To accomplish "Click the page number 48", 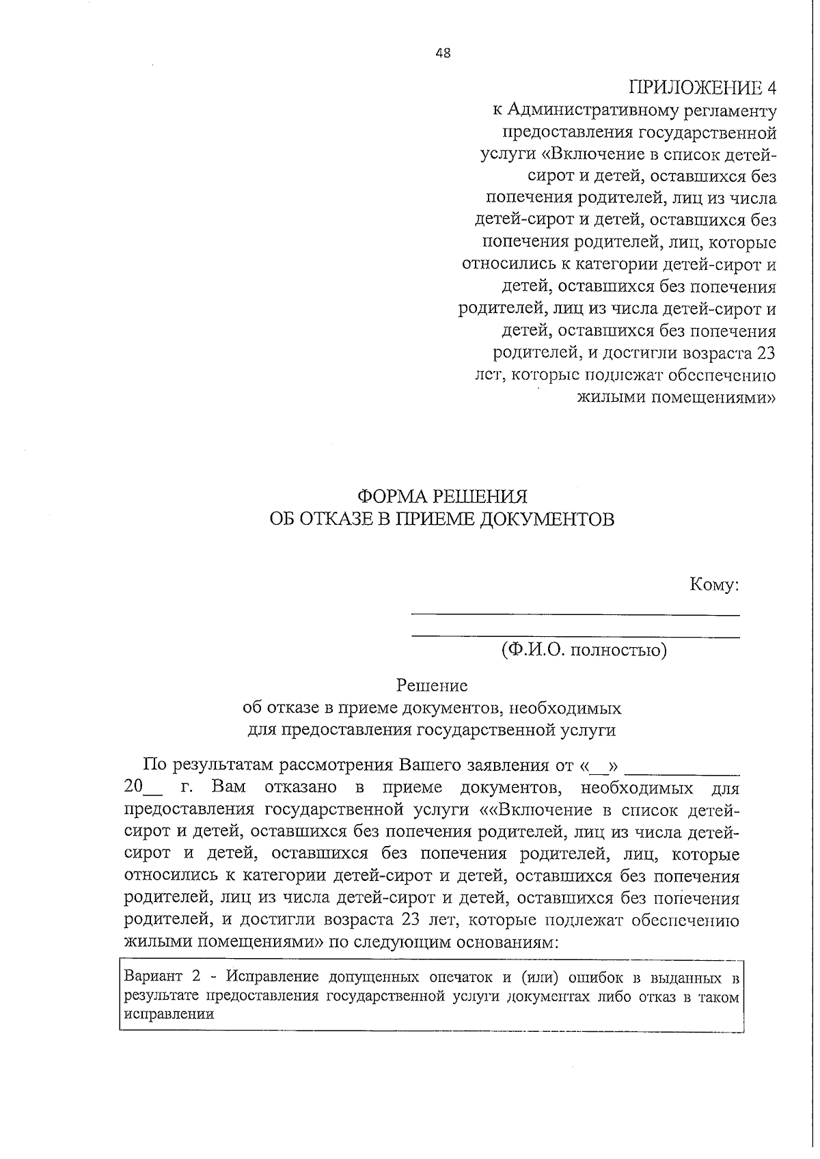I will point(442,54).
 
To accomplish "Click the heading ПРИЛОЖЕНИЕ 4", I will point(702,87).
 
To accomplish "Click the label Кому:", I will point(714,585).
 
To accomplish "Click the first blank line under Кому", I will point(575,614).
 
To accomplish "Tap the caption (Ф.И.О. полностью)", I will point(584,649).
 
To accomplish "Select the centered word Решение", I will point(433,685).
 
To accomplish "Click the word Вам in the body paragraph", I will point(229,787).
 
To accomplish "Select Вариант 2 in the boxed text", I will point(156,976).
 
